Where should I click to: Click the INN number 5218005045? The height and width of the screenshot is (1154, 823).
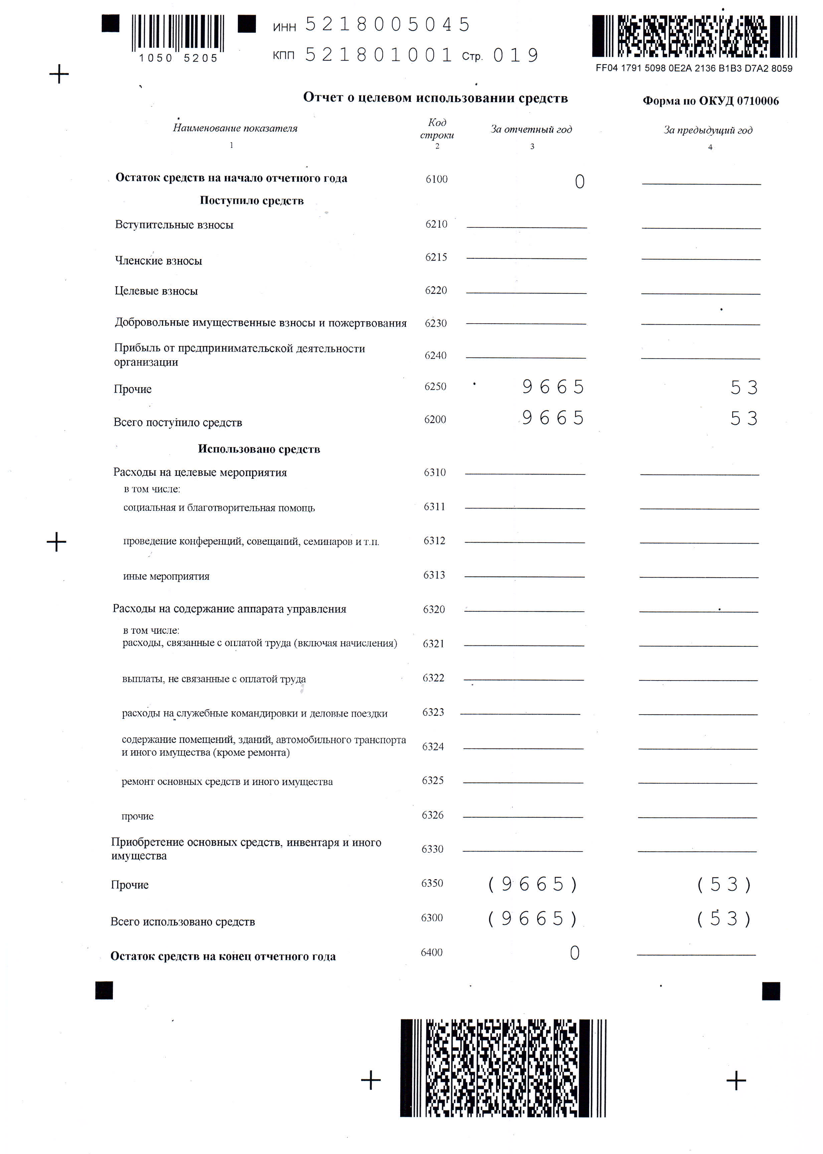tap(388, 24)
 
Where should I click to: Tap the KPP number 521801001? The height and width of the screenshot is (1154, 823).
tap(378, 55)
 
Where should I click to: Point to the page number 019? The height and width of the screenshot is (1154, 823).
tap(515, 55)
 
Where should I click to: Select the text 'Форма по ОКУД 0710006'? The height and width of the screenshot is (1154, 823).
tap(710, 101)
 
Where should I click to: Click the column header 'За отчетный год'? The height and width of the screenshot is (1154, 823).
tap(531, 129)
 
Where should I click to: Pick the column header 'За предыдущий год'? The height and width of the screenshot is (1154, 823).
tap(708, 130)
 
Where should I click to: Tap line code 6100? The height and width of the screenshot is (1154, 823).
tap(436, 179)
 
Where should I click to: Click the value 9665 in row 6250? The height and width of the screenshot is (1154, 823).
tap(553, 387)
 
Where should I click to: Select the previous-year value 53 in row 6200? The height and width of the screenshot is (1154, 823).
tap(744, 418)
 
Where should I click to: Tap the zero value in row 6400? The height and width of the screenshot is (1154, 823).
tap(574, 953)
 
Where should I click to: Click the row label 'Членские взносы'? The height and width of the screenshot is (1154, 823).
tap(159, 261)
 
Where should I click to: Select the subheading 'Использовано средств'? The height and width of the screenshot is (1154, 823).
tap(259, 449)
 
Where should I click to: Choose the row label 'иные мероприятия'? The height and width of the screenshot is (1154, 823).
tap(166, 576)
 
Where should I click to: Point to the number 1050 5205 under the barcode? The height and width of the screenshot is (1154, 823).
tap(178, 58)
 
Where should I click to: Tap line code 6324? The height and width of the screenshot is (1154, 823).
tap(433, 746)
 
